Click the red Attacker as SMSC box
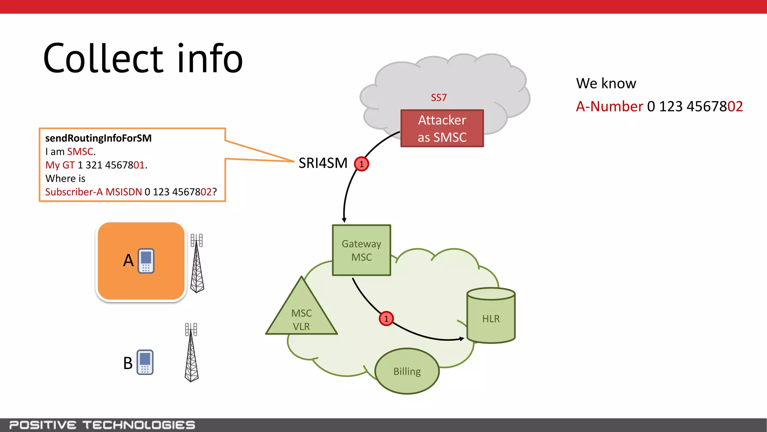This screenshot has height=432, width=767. [x=442, y=128]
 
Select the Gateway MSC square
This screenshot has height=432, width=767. [x=361, y=250]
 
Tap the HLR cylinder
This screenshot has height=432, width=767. [x=491, y=316]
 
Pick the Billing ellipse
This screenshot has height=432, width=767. [x=407, y=371]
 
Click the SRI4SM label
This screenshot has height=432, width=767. [x=323, y=163]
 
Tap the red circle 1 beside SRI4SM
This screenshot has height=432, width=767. [x=361, y=164]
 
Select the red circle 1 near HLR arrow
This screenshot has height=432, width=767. [x=386, y=319]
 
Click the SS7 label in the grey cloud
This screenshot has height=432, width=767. [x=439, y=97]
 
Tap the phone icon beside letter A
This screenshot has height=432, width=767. [x=146, y=261]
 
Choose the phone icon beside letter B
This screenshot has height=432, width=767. [x=145, y=362]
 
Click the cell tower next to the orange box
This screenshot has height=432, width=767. [x=197, y=263]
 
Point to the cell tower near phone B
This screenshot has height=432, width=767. [x=191, y=352]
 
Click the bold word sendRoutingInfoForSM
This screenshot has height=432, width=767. [x=98, y=138]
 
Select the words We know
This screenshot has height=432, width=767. [x=606, y=83]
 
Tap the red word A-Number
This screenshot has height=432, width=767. [x=609, y=106]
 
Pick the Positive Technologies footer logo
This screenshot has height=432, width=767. [x=102, y=425]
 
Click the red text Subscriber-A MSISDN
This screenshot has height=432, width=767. [x=93, y=192]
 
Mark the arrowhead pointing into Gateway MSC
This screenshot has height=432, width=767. [x=344, y=220]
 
